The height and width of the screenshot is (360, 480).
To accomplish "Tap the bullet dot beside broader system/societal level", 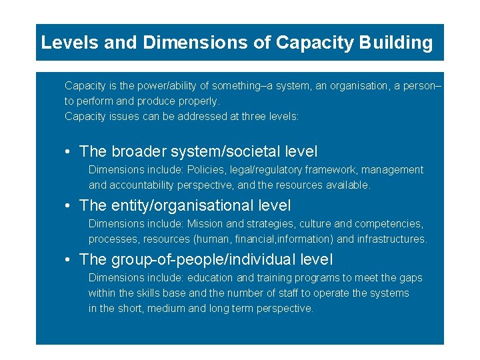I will coord(69,152).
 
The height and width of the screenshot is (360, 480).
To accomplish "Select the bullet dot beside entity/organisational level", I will coord(69,206).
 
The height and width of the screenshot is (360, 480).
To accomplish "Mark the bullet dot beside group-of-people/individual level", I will coord(69,260).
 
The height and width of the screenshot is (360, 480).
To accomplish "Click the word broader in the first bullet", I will coord(141,152).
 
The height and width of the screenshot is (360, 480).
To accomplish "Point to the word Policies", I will coord(207,170).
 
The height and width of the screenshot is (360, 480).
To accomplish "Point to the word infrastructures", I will coord(392,239).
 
